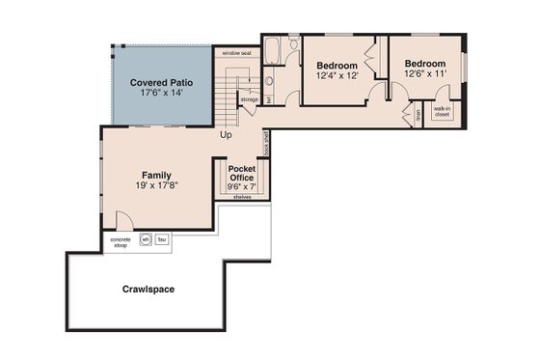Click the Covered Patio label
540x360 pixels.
tap(161, 83)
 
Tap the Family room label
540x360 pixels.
tap(156, 175)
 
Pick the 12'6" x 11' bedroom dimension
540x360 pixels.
tap(426, 72)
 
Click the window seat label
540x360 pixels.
tap(236, 53)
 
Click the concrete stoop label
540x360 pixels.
tap(121, 241)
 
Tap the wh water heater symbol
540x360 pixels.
tap(146, 239)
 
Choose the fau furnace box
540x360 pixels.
tap(162, 239)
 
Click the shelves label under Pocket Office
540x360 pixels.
tap(242, 196)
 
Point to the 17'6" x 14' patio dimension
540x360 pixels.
tap(161, 95)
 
